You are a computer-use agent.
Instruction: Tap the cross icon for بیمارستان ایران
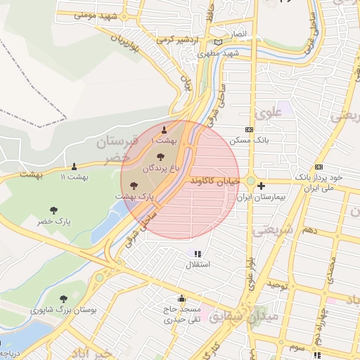(x=262, y=186)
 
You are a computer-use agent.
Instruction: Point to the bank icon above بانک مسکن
(x=249, y=129)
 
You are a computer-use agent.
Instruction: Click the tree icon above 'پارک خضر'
(x=53, y=210)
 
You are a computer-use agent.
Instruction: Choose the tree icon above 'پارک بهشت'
(x=134, y=186)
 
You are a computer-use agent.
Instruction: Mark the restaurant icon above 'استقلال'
(x=197, y=253)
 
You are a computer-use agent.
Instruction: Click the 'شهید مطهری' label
(x=219, y=53)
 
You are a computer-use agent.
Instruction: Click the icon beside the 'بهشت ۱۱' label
(x=74, y=166)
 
